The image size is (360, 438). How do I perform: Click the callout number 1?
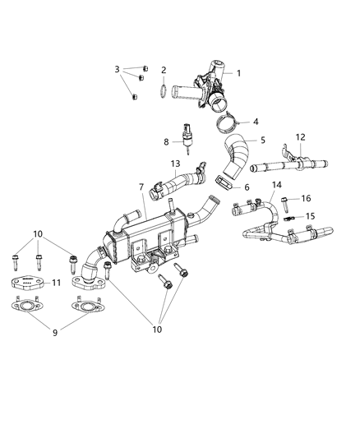point(238,74)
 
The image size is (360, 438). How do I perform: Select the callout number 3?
point(118,69)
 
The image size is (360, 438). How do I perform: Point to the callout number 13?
point(174,165)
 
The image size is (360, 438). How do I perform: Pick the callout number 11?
point(57,283)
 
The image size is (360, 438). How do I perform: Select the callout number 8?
point(166,141)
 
